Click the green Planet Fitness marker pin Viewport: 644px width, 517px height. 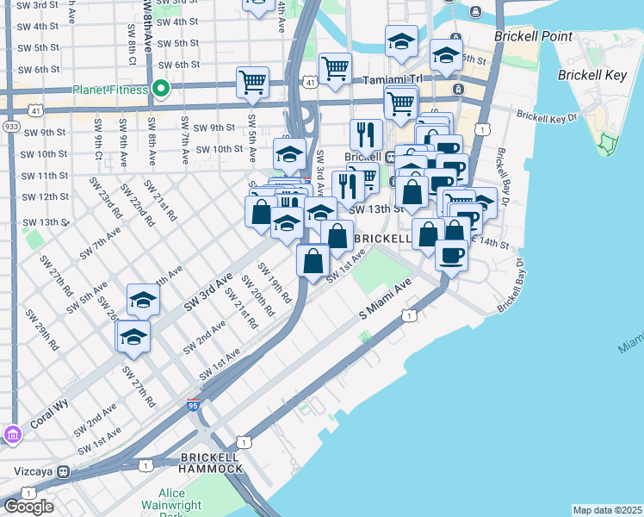click(x=160, y=89)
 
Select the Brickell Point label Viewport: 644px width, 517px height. click(x=528, y=38)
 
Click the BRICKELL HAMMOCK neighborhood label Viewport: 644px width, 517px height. click(x=210, y=462)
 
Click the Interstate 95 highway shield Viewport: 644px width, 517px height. click(x=195, y=403)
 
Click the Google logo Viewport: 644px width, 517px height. click(x=28, y=506)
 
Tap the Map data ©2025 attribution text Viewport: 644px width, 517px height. click(x=607, y=510)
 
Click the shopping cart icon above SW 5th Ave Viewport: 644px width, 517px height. click(x=252, y=83)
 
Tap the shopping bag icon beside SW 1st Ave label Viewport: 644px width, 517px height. click(x=313, y=259)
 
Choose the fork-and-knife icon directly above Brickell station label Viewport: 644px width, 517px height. click(x=367, y=134)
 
